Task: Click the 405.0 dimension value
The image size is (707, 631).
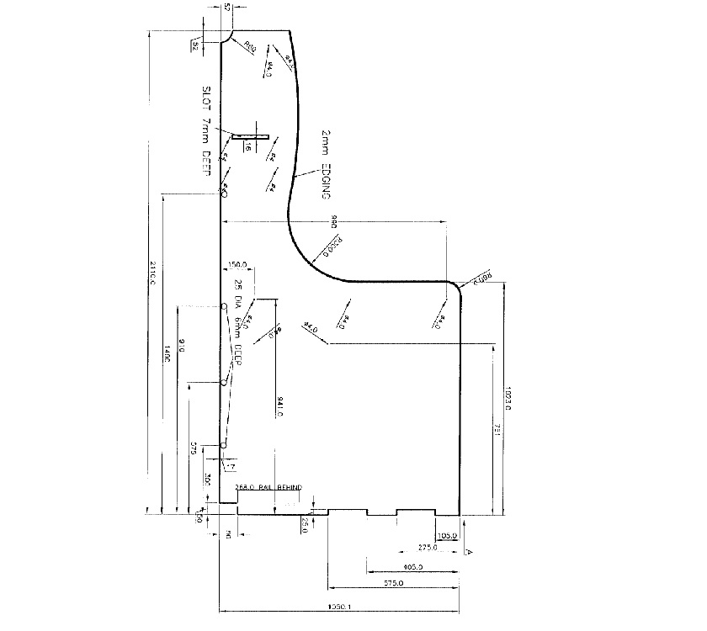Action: [413, 566]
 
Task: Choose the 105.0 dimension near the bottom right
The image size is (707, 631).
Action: [446, 535]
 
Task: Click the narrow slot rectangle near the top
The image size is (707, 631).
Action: [250, 135]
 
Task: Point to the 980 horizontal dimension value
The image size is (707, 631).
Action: [333, 222]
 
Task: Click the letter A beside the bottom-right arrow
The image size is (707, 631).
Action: [469, 551]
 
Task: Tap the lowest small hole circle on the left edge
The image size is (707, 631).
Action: [224, 443]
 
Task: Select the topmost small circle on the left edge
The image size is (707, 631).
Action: [224, 194]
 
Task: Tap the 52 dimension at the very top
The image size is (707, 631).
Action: [228, 8]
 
